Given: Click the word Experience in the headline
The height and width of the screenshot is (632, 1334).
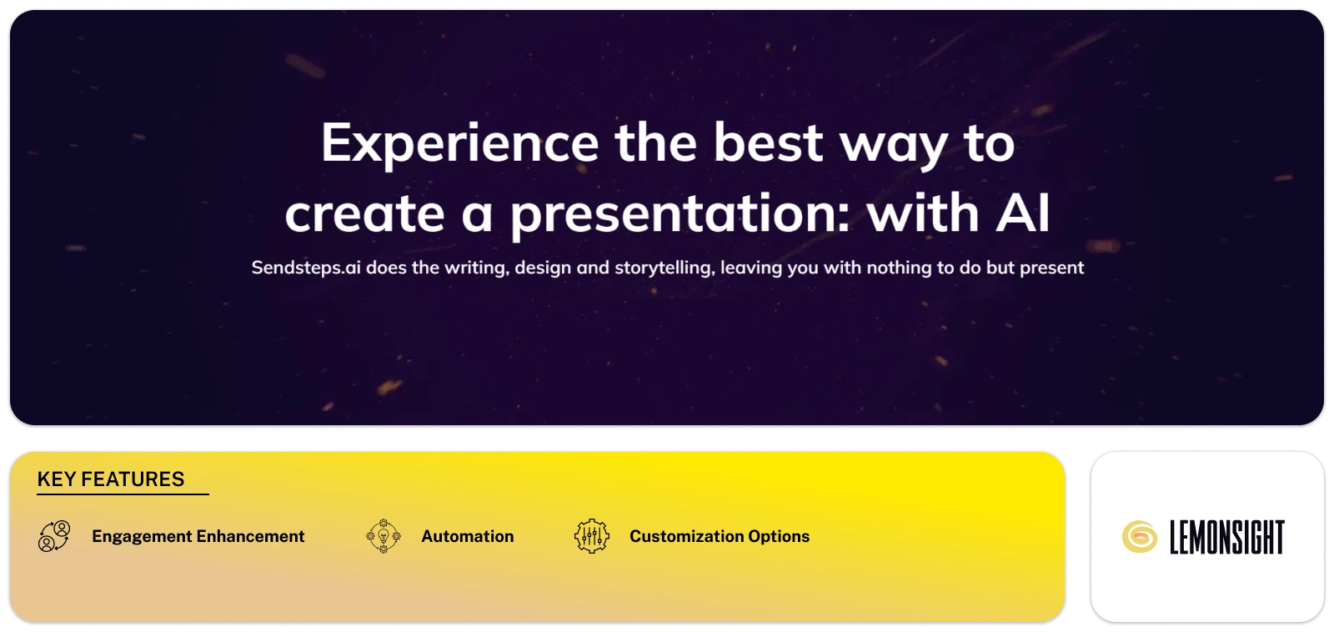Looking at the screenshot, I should [x=459, y=143].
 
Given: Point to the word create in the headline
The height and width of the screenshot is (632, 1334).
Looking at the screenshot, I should [x=364, y=214].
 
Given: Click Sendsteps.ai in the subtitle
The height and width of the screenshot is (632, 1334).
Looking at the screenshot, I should [x=306, y=268].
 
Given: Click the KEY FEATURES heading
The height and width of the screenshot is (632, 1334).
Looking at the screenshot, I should [x=111, y=479].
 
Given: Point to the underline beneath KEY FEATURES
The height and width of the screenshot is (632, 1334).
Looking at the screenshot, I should [x=123, y=494].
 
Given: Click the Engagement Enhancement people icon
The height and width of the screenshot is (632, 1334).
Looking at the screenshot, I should [x=54, y=536].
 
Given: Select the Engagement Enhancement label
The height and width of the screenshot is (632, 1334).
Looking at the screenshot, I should [x=198, y=536].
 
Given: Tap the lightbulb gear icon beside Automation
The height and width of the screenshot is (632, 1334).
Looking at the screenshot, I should [x=384, y=536].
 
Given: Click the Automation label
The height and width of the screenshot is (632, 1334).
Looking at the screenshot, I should [x=468, y=536].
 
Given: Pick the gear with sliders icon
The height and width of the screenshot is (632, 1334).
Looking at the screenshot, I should [x=592, y=536].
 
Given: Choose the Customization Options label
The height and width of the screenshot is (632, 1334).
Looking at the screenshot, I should [x=720, y=536].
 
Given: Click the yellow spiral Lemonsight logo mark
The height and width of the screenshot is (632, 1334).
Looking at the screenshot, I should [x=1139, y=537].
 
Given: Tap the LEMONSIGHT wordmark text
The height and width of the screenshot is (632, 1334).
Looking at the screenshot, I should [x=1226, y=537].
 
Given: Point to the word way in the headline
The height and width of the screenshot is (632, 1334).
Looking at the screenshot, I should [x=893, y=143].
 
